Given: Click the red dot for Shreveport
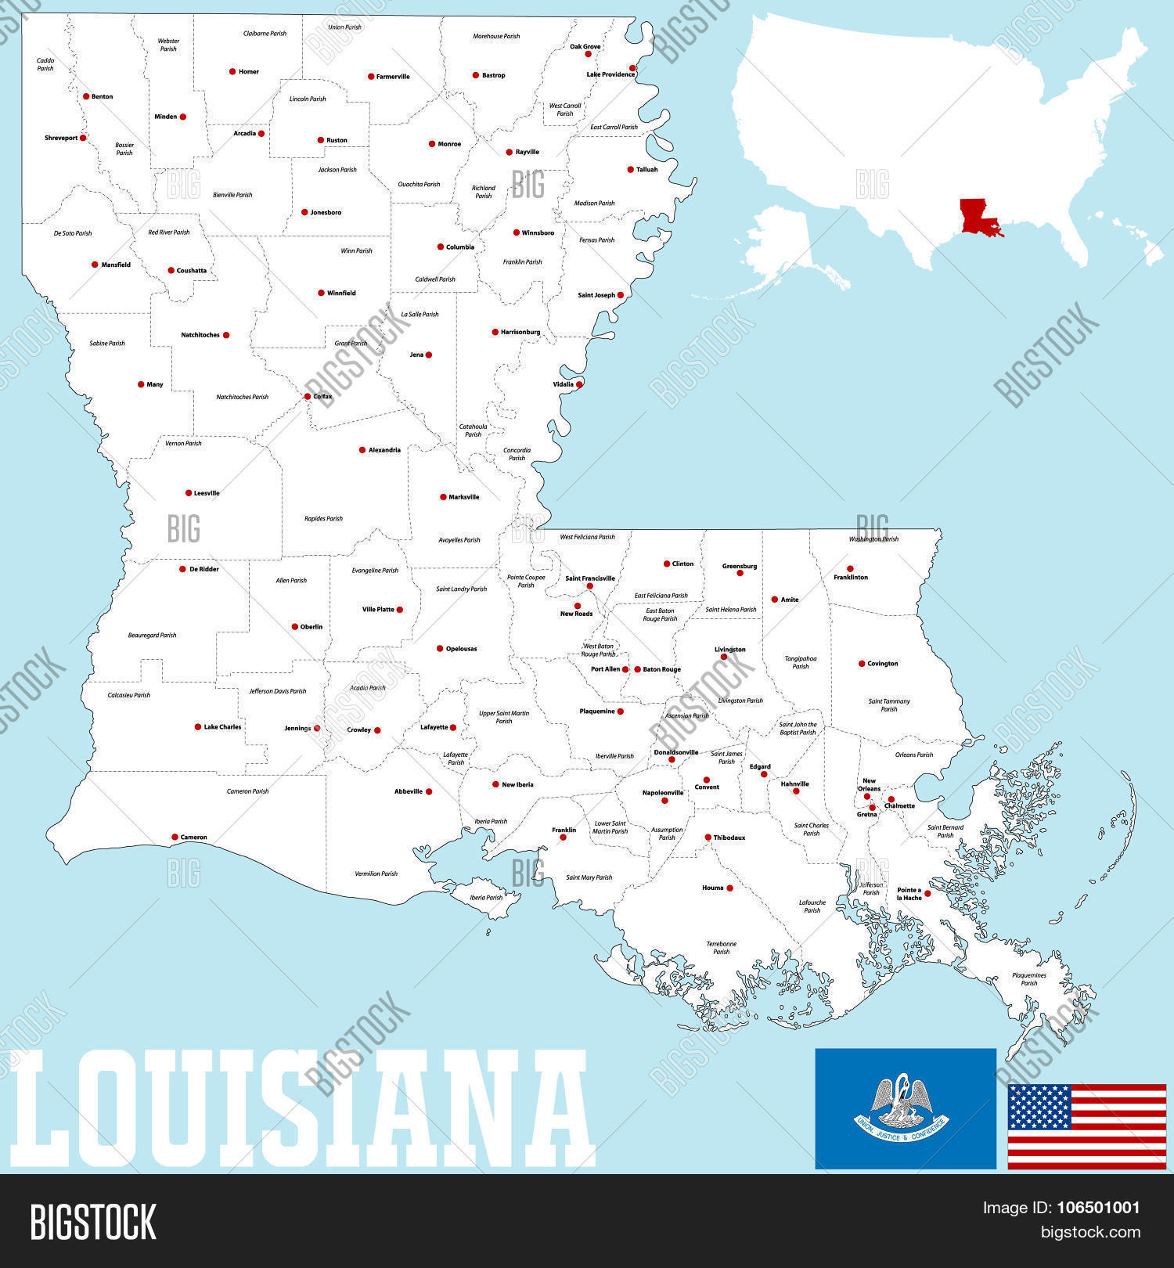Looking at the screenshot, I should [x=83, y=138].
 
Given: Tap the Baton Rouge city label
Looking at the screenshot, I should [x=661, y=669].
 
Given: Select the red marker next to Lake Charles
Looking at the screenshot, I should [x=198, y=727].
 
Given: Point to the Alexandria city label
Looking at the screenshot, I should [x=384, y=450].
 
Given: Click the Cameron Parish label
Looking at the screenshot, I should [x=247, y=791].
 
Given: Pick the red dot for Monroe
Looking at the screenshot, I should [x=432, y=144].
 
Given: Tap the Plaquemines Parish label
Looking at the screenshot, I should [x=1028, y=979].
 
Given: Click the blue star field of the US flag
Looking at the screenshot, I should [x=1039, y=1107].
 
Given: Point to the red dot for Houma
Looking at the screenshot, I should [x=729, y=888].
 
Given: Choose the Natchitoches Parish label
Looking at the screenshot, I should [x=242, y=397].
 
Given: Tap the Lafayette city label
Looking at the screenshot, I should [x=434, y=727].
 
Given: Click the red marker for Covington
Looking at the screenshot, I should [x=862, y=664].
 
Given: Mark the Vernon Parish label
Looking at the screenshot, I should [x=183, y=444].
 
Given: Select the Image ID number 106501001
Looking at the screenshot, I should [x=1100, y=1208].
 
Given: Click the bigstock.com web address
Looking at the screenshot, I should [x=1089, y=1233].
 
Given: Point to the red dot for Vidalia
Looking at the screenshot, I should [x=579, y=384].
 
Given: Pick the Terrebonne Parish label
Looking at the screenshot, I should [x=721, y=948].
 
